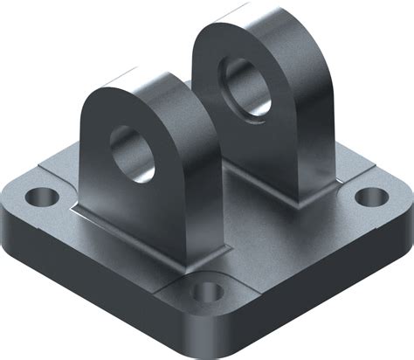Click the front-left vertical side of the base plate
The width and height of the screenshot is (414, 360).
click(96, 271)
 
